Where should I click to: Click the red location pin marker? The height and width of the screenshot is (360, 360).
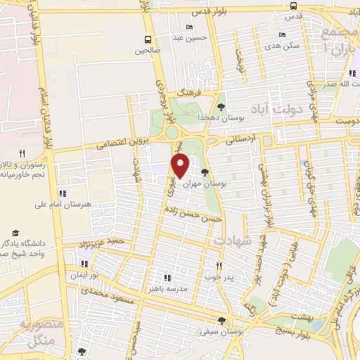point(181,167)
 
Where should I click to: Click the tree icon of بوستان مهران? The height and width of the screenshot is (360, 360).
point(205,172)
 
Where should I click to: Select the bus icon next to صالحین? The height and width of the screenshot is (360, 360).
point(148,39)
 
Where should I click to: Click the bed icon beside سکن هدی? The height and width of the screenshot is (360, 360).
point(282,34)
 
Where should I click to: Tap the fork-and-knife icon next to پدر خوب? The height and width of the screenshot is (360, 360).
point(219,266)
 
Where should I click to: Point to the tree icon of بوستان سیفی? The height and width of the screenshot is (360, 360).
point(222,321)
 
